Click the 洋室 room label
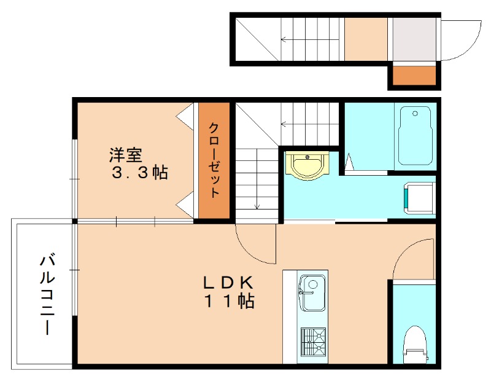[x=126, y=155]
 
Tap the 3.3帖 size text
[x=140, y=172]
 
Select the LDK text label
[x=228, y=283]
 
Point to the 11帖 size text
[x=230, y=301]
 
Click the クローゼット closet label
[x=214, y=160]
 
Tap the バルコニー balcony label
[x=47, y=295]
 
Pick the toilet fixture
[x=415, y=344]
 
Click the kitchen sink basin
[x=312, y=293]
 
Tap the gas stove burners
[x=313, y=343]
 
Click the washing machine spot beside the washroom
[x=419, y=198]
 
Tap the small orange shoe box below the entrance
[x=414, y=76]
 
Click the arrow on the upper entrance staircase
[x=310, y=39]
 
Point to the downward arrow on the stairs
[x=257, y=179]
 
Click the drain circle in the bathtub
[x=415, y=114]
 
